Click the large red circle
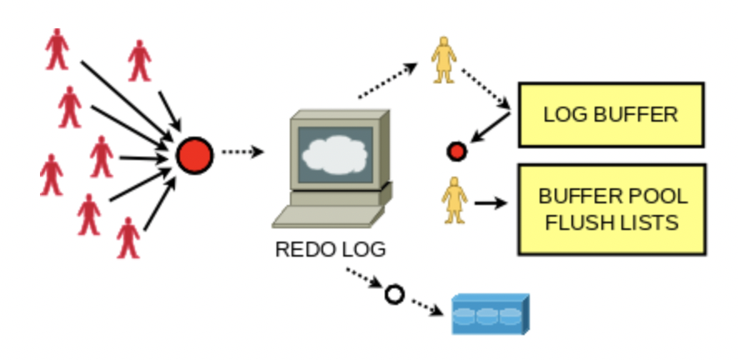195,154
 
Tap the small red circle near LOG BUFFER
456,151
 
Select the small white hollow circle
393,294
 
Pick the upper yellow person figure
443,60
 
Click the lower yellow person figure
454,201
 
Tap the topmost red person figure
57,48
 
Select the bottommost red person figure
127,237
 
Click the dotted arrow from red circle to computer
243,152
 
